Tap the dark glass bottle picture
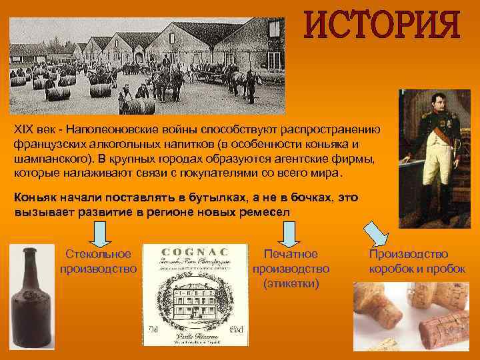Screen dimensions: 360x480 (x=29, y=300)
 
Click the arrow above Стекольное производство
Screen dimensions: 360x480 (x=99, y=233)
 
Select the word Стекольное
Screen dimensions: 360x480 (x=98, y=254)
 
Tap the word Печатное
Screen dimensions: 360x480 (x=291, y=254)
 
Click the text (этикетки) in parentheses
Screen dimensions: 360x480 (x=291, y=283)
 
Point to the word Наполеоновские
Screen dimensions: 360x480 (x=118, y=129)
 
